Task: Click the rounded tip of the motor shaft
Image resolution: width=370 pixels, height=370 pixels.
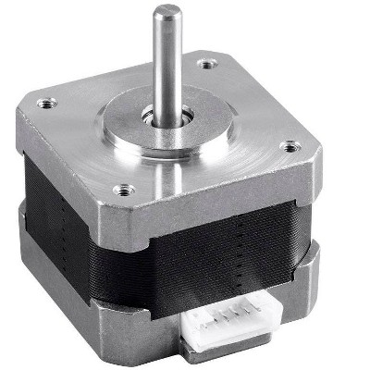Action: pos(167,13)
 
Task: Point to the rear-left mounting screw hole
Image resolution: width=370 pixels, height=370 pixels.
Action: pos(42,103)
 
